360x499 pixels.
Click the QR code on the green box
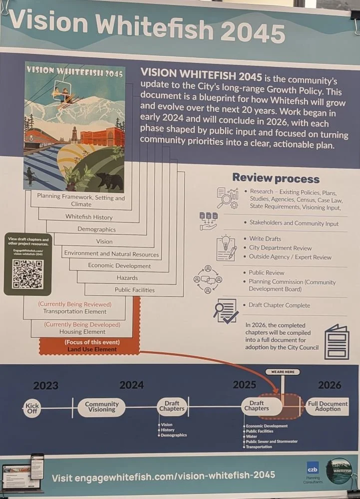(28, 274)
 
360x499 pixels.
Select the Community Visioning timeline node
(102, 407)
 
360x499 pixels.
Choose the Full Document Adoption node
(328, 406)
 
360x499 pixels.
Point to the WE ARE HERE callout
(283, 372)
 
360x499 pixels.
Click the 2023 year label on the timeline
(46, 385)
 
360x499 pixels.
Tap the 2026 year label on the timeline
(330, 385)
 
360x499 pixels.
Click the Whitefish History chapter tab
(89, 217)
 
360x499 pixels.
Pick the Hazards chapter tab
(127, 278)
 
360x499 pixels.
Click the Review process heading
(276, 179)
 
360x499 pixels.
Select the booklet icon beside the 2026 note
(337, 342)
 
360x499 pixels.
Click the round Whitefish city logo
(339, 470)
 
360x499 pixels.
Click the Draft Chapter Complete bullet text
(279, 305)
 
